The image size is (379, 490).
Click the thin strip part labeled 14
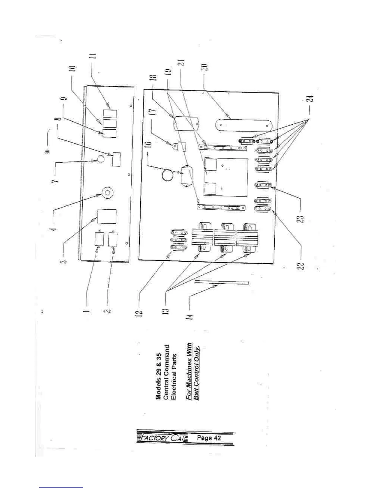(222, 282)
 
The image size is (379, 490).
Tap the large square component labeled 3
(107, 216)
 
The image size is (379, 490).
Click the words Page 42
(209, 438)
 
